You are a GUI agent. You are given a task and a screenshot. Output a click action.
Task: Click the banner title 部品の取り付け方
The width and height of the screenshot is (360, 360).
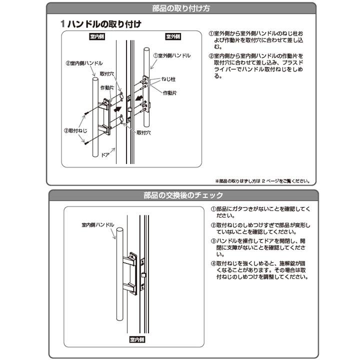click(x=180, y=8)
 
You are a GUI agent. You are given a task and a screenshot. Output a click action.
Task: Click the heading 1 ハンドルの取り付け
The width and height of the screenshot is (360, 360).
click(x=100, y=23)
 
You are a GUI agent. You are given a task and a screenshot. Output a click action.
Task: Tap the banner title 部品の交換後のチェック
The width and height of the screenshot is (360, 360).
click(x=180, y=195)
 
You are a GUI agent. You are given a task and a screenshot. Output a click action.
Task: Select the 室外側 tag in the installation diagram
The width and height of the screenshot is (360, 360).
click(x=172, y=37)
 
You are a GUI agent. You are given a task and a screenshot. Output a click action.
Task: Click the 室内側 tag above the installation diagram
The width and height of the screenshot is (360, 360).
click(x=96, y=37)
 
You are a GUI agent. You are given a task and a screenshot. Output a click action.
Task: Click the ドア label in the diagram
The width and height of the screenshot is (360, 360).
click(x=105, y=155)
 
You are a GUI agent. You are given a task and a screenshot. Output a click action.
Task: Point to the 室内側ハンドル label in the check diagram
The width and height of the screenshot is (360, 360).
click(x=98, y=225)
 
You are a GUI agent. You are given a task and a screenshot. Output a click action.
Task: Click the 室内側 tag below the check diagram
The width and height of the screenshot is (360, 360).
click(x=136, y=339)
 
